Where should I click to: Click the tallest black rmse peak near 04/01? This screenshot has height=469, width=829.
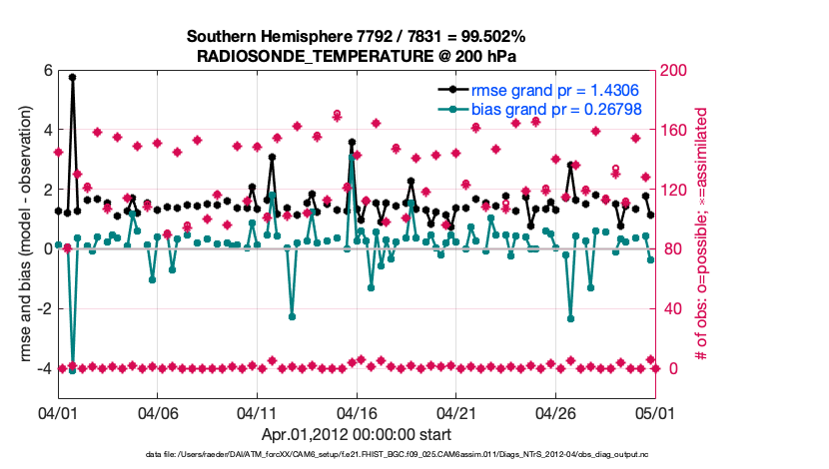pyautogui.click(x=72, y=77)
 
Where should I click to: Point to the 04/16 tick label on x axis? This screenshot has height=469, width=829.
pyautogui.click(x=357, y=411)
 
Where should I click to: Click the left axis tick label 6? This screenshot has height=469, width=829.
pyautogui.click(x=47, y=71)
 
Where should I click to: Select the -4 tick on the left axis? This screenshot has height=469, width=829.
pyautogui.click(x=44, y=369)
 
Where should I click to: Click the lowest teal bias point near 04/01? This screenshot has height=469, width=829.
pyautogui.click(x=72, y=370)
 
